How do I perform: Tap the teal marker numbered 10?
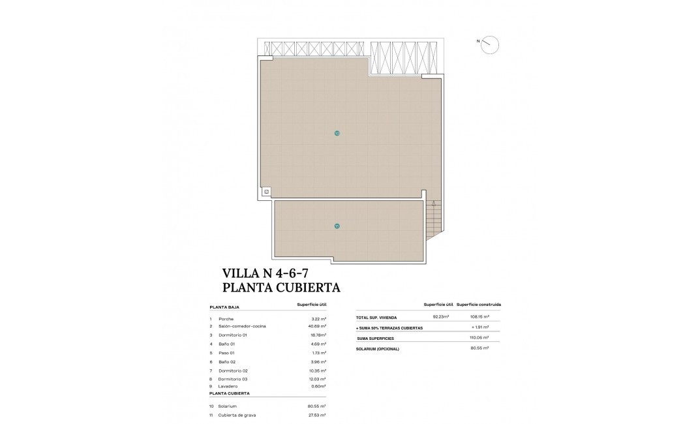[x=337, y=133]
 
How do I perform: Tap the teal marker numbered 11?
[x=337, y=226]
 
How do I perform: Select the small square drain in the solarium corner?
[x=266, y=191]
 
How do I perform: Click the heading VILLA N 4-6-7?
[x=265, y=273]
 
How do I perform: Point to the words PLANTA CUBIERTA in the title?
[x=281, y=286]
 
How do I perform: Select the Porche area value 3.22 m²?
[x=318, y=318]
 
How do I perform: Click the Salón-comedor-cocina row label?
[x=242, y=326]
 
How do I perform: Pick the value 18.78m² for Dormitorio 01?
[x=317, y=335]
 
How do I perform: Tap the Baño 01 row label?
[x=227, y=344]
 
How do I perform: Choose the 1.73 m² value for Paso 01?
[x=318, y=352]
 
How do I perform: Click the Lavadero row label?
[x=229, y=386]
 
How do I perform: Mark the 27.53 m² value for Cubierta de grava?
[x=317, y=415]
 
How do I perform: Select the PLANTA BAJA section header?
[x=224, y=306]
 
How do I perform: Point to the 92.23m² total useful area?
[x=441, y=318]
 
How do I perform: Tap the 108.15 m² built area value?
[x=480, y=318]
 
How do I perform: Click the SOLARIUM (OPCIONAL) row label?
[x=377, y=349]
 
